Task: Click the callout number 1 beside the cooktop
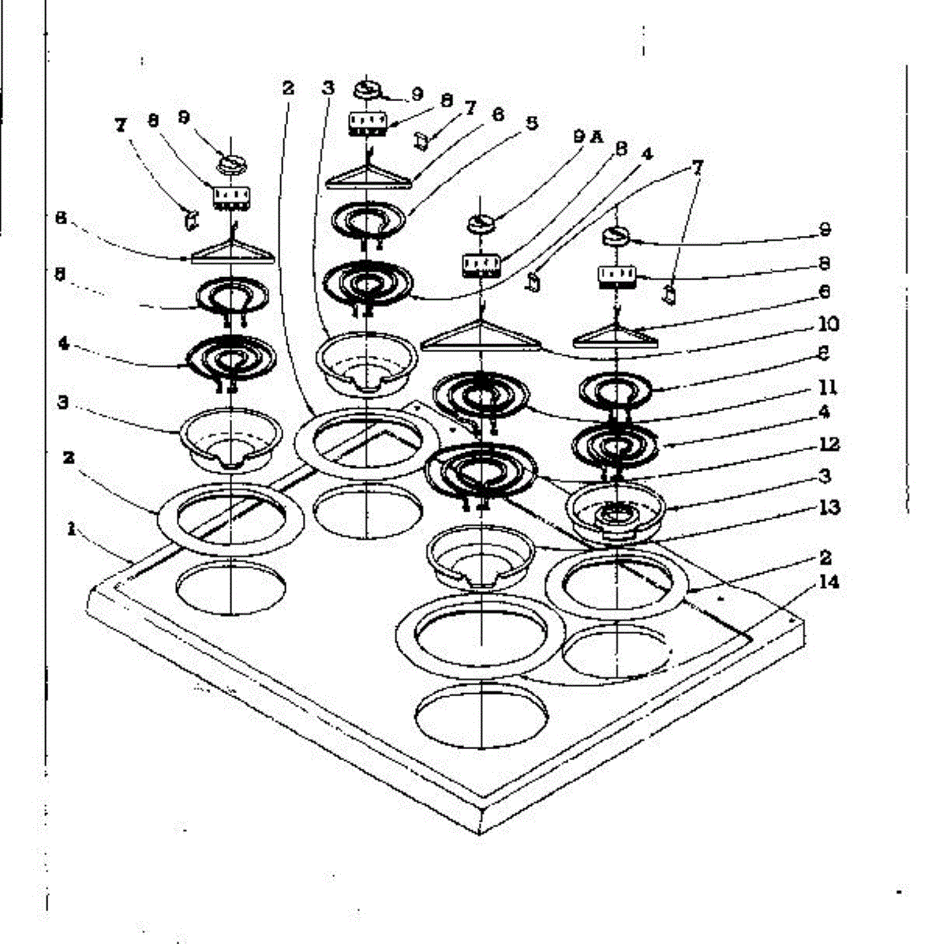(71, 530)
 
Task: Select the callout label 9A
(588, 137)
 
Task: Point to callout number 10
(829, 324)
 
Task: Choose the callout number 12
(829, 444)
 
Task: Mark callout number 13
(829, 507)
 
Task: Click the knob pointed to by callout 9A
(481, 224)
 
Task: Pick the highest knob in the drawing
(369, 88)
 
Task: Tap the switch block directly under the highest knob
(368, 122)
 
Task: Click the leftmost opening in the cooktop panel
(230, 588)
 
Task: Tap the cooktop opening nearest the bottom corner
(481, 715)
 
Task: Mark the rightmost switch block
(616, 275)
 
